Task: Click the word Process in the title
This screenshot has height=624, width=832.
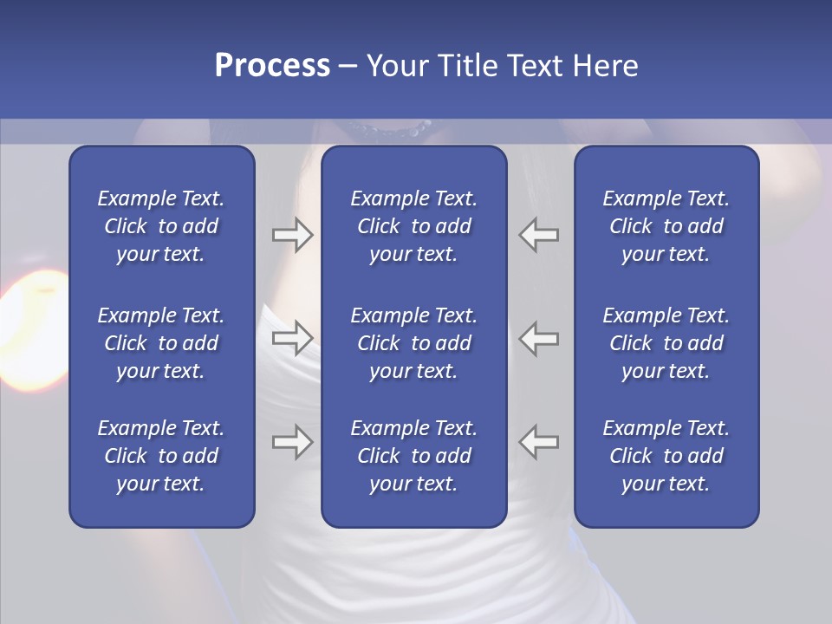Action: click(272, 66)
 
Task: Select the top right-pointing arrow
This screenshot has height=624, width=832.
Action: click(292, 235)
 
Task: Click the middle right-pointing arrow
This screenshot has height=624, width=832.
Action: click(292, 338)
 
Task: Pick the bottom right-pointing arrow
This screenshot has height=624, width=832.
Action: click(292, 442)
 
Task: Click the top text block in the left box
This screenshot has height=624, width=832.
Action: click(161, 226)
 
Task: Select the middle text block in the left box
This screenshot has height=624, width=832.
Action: click(161, 343)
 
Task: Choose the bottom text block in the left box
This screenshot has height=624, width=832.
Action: click(161, 456)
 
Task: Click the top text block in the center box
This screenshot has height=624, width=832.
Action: click(413, 226)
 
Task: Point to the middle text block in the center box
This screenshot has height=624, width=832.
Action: click(413, 343)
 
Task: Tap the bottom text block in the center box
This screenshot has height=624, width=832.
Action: click(413, 456)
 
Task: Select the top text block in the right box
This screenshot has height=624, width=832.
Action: click(666, 226)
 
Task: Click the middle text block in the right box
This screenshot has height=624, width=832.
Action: click(666, 343)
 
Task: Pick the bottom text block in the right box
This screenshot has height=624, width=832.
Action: click(666, 456)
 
